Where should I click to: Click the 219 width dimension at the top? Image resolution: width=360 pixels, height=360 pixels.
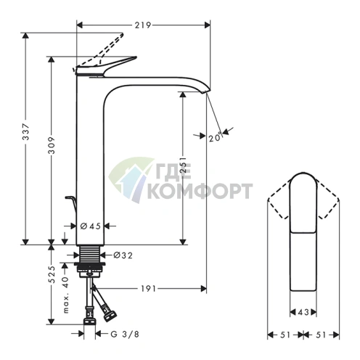(x=143, y=25)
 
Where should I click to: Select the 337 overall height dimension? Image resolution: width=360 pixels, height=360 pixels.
(x=25, y=131)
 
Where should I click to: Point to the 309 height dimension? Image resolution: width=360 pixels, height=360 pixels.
(x=52, y=145)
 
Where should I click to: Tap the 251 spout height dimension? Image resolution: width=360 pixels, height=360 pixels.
(x=184, y=165)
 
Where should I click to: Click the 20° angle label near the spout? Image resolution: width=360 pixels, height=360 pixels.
(x=216, y=137)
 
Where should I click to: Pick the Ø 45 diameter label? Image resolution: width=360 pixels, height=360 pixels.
(x=90, y=226)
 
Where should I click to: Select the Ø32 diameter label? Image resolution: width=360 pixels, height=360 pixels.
(x=123, y=255)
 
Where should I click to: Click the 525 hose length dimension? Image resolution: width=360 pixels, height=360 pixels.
(x=52, y=274)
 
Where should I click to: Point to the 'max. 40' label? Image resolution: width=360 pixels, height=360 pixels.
(x=66, y=295)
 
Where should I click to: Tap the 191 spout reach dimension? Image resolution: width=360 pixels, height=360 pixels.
(x=148, y=288)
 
